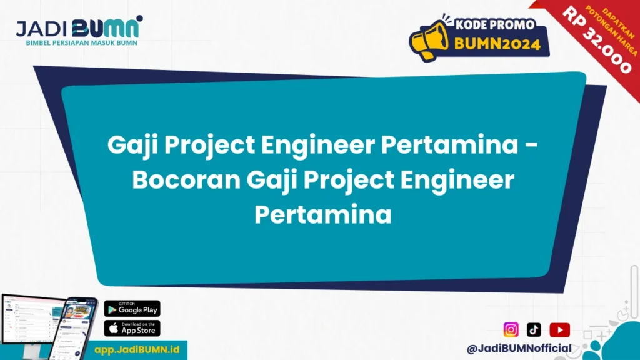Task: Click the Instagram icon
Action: pyautogui.click(x=511, y=329)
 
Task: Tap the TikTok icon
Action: pyautogui.click(x=534, y=329)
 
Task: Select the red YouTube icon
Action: pyautogui.click(x=559, y=329)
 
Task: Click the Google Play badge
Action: pyautogui.click(x=132, y=308)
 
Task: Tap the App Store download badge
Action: pyautogui.click(x=132, y=328)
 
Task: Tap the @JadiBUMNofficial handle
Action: pyautogui.click(x=519, y=348)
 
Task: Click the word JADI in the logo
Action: pyautogui.click(x=42, y=27)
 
